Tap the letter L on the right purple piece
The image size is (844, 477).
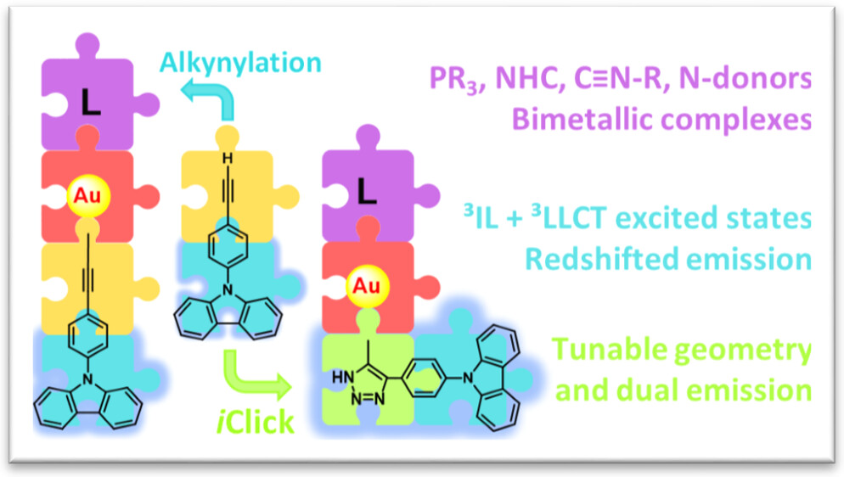(x=366, y=193)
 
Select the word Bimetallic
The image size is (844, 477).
(x=594, y=120)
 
